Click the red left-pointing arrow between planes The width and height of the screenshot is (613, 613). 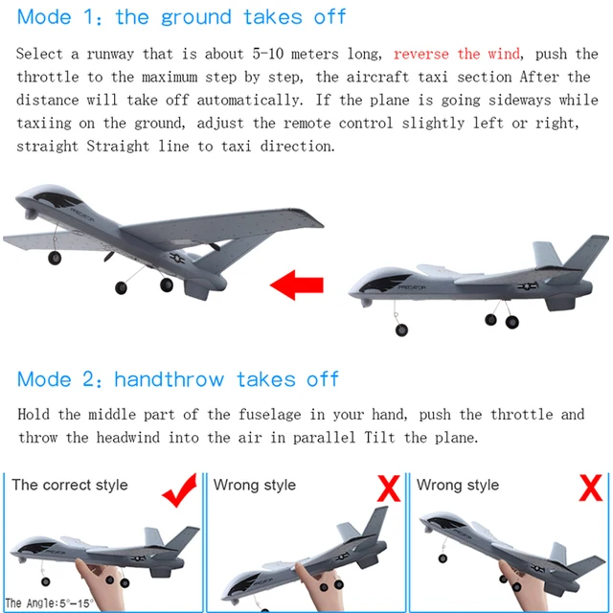(x=296, y=284)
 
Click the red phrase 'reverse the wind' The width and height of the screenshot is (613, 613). (x=456, y=55)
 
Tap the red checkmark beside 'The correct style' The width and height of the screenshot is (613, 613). (x=180, y=490)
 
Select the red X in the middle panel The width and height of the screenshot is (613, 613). (x=387, y=489)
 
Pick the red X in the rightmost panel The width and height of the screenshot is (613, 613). (x=591, y=489)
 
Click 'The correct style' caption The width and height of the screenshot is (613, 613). (x=70, y=486)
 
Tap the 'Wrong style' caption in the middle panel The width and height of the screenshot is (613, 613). (x=254, y=486)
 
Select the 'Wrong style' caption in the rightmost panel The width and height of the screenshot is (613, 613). (x=458, y=486)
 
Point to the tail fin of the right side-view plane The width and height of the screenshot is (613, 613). (x=579, y=253)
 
